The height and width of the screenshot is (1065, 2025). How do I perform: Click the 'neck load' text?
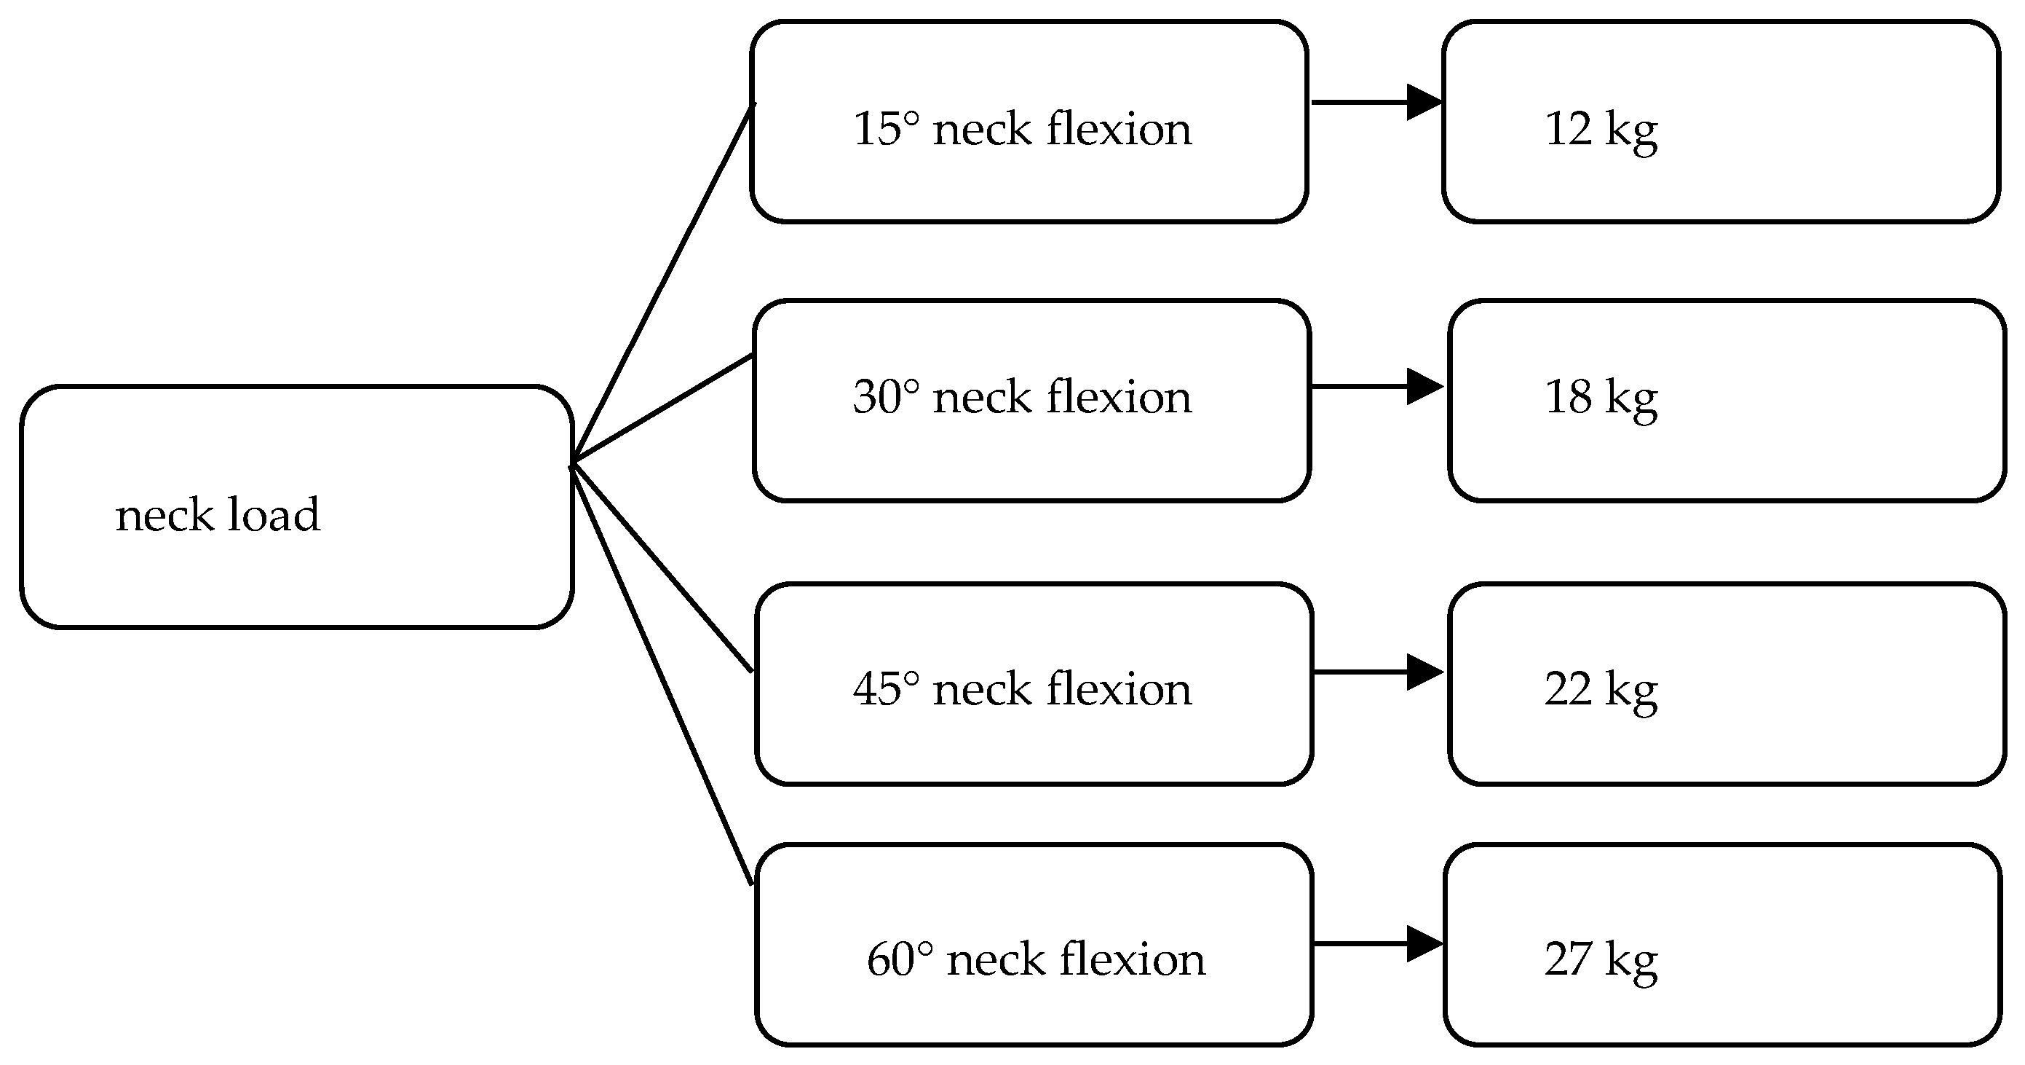pyautogui.click(x=218, y=515)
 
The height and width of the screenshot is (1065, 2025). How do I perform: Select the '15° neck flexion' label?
pyautogui.click(x=1022, y=129)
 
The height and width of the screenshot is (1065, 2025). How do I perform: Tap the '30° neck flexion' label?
pyautogui.click(x=1022, y=396)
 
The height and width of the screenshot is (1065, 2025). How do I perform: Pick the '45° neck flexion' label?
pyautogui.click(x=1022, y=689)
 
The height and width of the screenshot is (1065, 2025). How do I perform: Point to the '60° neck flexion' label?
pyautogui.click(x=1035, y=959)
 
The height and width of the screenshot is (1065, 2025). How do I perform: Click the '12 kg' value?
pyautogui.click(x=1601, y=129)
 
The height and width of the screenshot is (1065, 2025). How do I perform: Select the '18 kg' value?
pyautogui.click(x=1601, y=396)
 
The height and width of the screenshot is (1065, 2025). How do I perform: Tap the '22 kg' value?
pyautogui.click(x=1601, y=689)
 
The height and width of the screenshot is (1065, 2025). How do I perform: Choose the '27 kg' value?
pyautogui.click(x=1601, y=959)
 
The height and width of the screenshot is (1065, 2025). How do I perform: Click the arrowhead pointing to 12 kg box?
pyautogui.click(x=1423, y=102)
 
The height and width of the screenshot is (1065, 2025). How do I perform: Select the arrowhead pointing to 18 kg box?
pyautogui.click(x=1423, y=386)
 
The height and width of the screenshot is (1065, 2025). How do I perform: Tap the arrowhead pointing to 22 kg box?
pyautogui.click(x=1423, y=672)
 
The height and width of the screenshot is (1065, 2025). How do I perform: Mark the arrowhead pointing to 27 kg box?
pyautogui.click(x=1423, y=943)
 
